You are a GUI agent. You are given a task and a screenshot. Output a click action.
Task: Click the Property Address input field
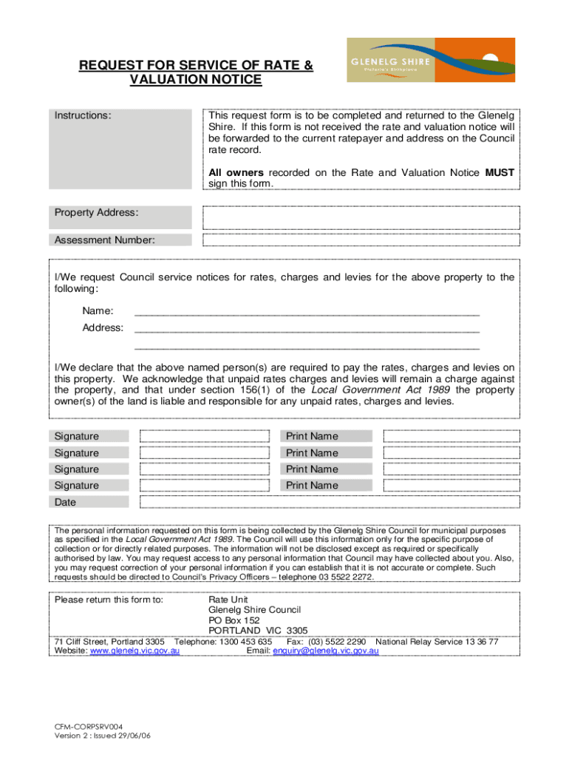tap(359, 217)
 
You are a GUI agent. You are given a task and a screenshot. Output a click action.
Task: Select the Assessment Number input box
tap(359, 240)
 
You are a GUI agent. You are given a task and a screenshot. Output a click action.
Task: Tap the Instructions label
tap(83, 116)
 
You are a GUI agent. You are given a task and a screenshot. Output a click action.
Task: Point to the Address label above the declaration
tap(103, 327)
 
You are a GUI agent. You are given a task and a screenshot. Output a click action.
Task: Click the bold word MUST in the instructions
tap(500, 172)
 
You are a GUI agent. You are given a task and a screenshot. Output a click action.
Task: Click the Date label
tap(64, 502)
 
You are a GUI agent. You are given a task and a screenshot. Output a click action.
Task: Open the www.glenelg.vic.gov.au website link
tap(134, 651)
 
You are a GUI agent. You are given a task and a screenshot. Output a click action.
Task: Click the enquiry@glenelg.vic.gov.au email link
tap(326, 651)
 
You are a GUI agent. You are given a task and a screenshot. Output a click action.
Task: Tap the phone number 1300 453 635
tap(245, 642)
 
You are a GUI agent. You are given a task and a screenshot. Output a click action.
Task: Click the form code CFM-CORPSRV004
tap(89, 726)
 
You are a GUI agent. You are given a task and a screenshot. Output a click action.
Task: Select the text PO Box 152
tap(234, 620)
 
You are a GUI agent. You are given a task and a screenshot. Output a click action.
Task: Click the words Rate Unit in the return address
tap(229, 600)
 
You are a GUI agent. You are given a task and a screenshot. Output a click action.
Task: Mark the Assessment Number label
tap(104, 240)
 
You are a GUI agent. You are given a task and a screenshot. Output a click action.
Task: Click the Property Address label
tap(96, 212)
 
